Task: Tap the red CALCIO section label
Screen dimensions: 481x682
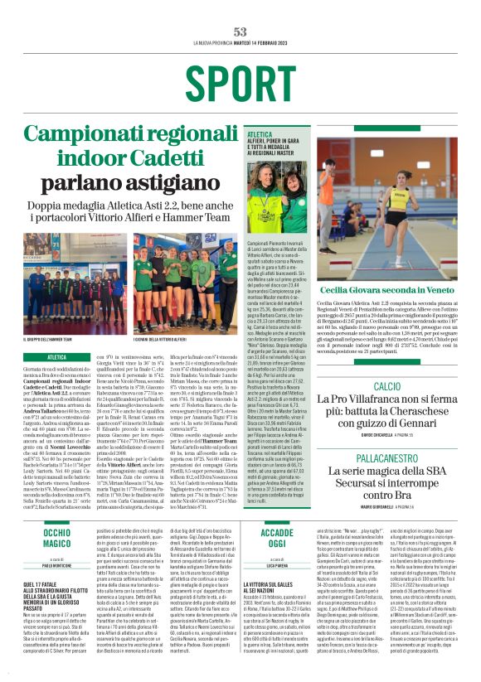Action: pos(387,364)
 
